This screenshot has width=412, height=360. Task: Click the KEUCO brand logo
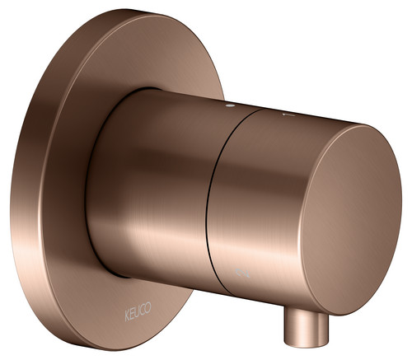coord(138,311)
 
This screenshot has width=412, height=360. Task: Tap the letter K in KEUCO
coord(127,316)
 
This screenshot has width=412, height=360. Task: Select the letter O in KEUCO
coord(148,306)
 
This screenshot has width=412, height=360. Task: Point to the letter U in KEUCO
coord(138,311)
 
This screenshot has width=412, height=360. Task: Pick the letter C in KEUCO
coord(143,309)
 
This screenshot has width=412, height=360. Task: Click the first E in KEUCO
coord(133,314)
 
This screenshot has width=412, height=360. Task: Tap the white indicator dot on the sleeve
coord(230,105)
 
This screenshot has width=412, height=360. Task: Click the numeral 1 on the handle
coord(288,115)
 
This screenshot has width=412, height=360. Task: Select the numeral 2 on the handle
coord(243,273)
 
